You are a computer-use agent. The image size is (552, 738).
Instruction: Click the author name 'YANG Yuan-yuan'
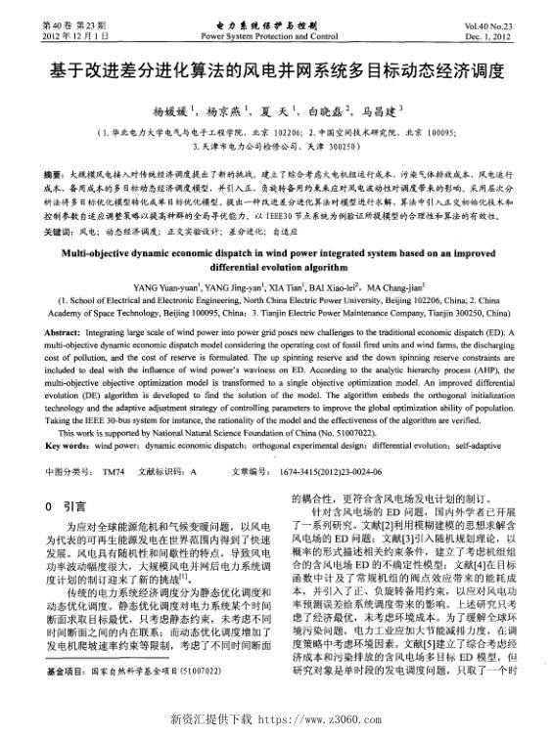click(160, 286)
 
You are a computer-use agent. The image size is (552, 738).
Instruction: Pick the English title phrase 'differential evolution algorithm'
click(275, 267)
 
